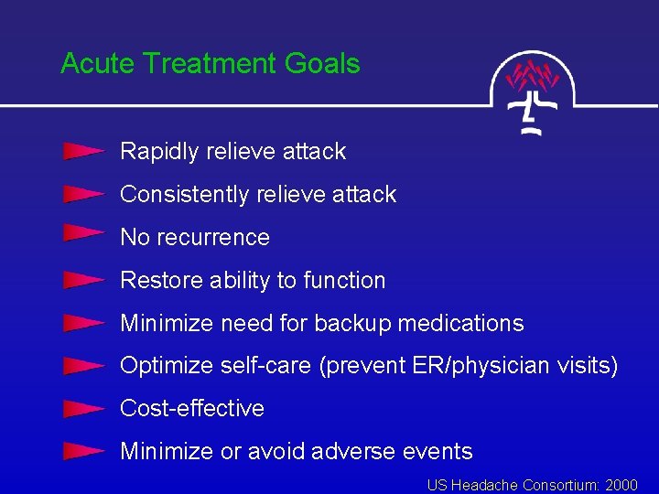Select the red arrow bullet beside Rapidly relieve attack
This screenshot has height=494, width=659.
82,151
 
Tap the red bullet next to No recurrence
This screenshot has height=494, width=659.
82,235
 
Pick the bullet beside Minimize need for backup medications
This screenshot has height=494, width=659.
82,323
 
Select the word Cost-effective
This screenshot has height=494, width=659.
192,408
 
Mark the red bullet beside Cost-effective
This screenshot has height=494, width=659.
82,408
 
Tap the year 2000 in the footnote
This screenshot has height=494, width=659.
621,484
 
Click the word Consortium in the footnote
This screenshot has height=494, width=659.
559,484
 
